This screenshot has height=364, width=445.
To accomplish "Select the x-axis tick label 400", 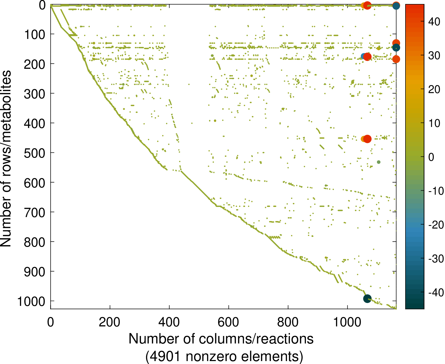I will click(169, 322).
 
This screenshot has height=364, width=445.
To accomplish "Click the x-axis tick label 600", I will click(229, 322).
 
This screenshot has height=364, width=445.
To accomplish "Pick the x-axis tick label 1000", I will click(347, 322).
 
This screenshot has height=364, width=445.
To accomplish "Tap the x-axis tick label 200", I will click(110, 322).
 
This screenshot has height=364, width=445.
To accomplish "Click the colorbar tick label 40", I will click(434, 22).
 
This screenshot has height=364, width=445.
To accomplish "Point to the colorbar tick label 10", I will click(434, 123).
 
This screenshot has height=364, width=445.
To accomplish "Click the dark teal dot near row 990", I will click(367, 299).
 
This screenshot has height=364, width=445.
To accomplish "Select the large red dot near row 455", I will click(367, 139).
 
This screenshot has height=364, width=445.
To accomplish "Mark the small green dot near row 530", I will click(379, 162).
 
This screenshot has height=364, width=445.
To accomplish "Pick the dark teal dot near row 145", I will click(396, 48).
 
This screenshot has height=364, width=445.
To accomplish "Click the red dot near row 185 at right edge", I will click(396, 59).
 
